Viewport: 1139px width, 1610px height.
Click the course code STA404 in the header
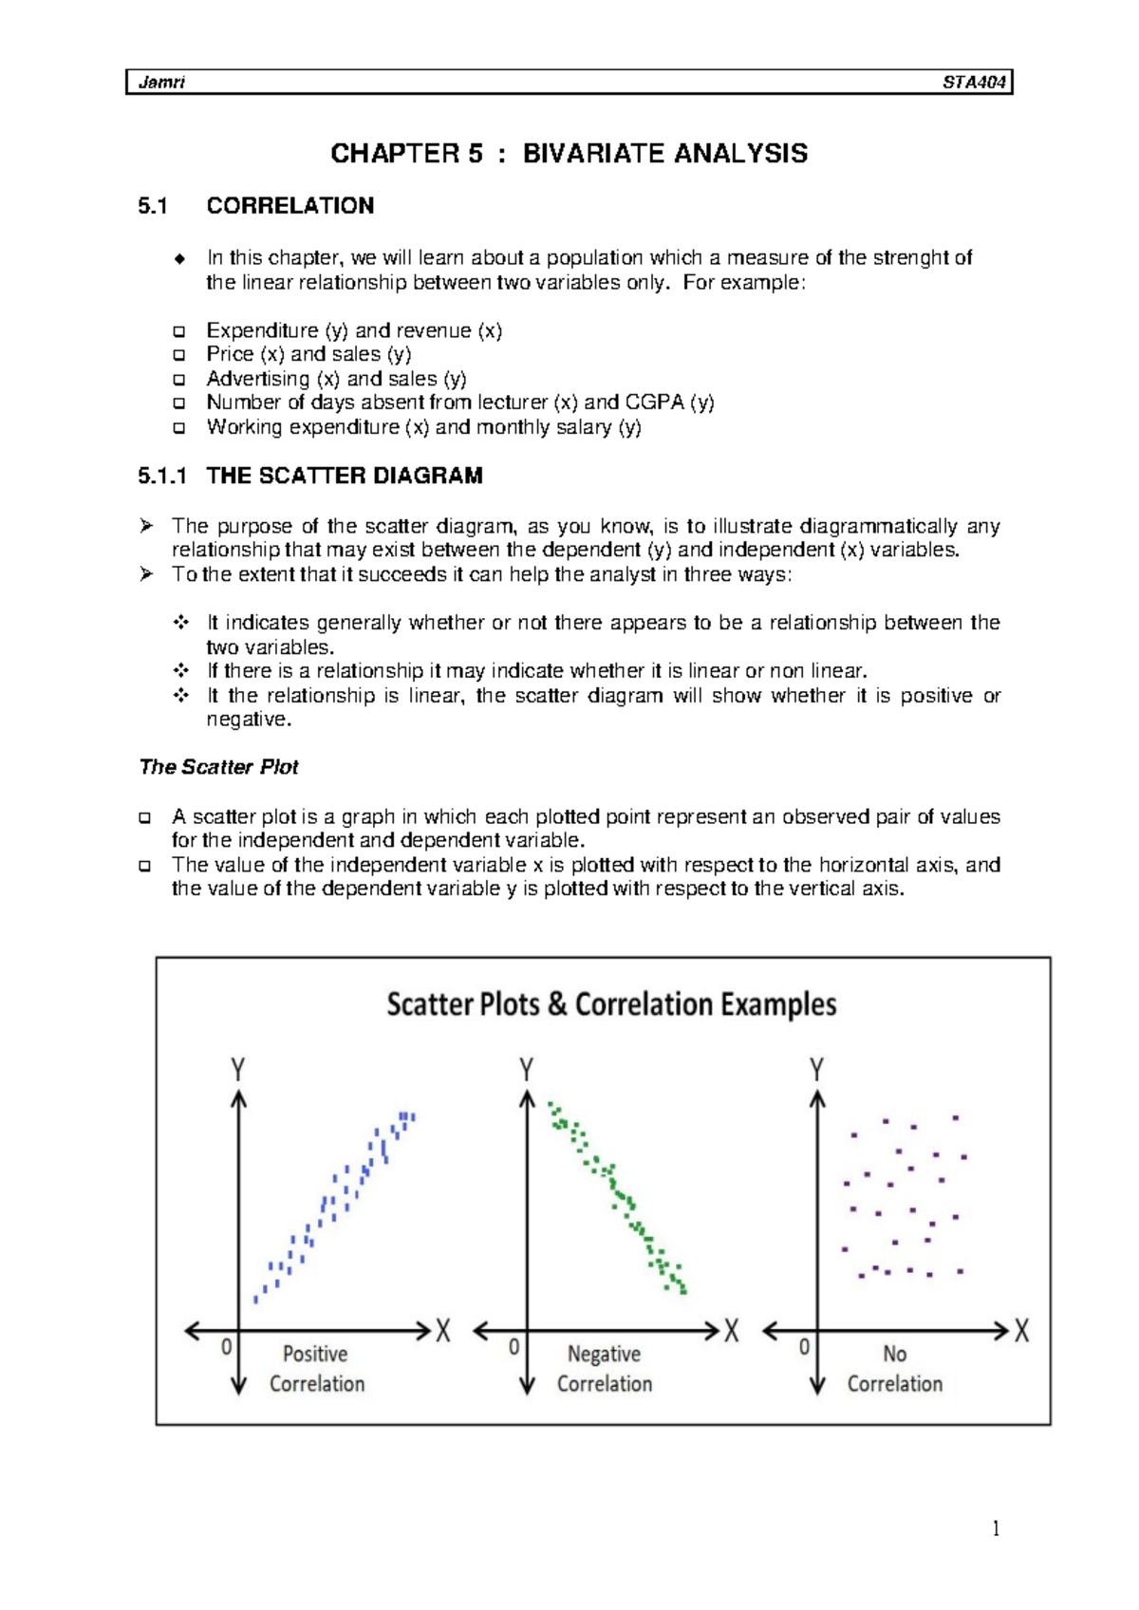(x=973, y=83)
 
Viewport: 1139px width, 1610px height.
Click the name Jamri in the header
(x=161, y=83)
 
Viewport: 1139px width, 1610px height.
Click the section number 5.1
(x=152, y=206)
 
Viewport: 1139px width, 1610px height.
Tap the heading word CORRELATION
(x=289, y=206)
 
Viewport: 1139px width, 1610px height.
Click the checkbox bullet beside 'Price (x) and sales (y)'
(x=178, y=355)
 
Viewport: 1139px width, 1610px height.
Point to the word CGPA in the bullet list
(x=654, y=402)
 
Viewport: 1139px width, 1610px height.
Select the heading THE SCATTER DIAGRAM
(x=345, y=476)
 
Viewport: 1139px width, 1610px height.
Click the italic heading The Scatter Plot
(x=218, y=767)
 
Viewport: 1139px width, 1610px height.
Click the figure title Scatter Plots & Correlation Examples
(x=611, y=1004)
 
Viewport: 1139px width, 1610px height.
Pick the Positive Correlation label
(x=316, y=1369)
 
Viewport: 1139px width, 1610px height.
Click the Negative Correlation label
(x=605, y=1369)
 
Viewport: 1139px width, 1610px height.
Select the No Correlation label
(x=894, y=1369)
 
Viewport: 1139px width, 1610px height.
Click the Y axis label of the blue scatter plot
(x=238, y=1071)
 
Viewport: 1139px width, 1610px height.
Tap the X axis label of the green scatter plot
(x=732, y=1331)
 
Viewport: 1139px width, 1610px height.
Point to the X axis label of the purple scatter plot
(x=1021, y=1331)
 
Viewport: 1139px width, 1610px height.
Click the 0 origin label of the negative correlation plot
(x=513, y=1347)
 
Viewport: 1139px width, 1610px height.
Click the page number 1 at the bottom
(x=995, y=1528)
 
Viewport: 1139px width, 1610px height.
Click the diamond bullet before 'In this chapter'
(x=178, y=259)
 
